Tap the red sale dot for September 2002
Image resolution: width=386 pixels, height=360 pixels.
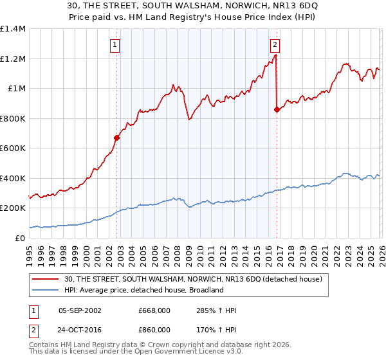(116, 138)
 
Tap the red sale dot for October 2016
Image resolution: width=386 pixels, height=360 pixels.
(277, 110)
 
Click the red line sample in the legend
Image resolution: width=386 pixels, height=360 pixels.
(46, 279)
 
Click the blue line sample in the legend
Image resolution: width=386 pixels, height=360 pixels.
(46, 290)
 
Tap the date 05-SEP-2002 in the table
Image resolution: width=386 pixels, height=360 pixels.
(80, 310)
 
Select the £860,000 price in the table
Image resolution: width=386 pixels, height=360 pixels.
(154, 329)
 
